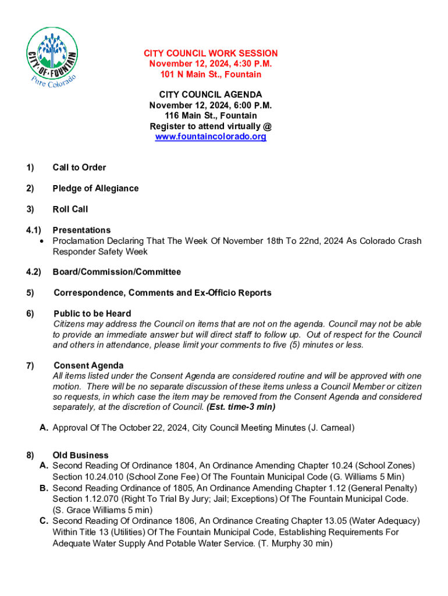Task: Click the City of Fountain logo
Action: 52,55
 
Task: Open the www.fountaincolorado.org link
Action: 211,137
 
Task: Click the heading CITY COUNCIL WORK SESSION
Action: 211,54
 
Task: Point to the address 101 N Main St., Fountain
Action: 211,74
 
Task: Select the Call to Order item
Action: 79,168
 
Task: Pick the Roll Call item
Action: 70,210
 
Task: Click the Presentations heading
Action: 81,230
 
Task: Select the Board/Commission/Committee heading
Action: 116,272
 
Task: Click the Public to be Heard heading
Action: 92,314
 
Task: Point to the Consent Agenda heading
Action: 88,366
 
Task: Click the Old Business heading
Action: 80,455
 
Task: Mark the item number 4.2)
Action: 33,272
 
